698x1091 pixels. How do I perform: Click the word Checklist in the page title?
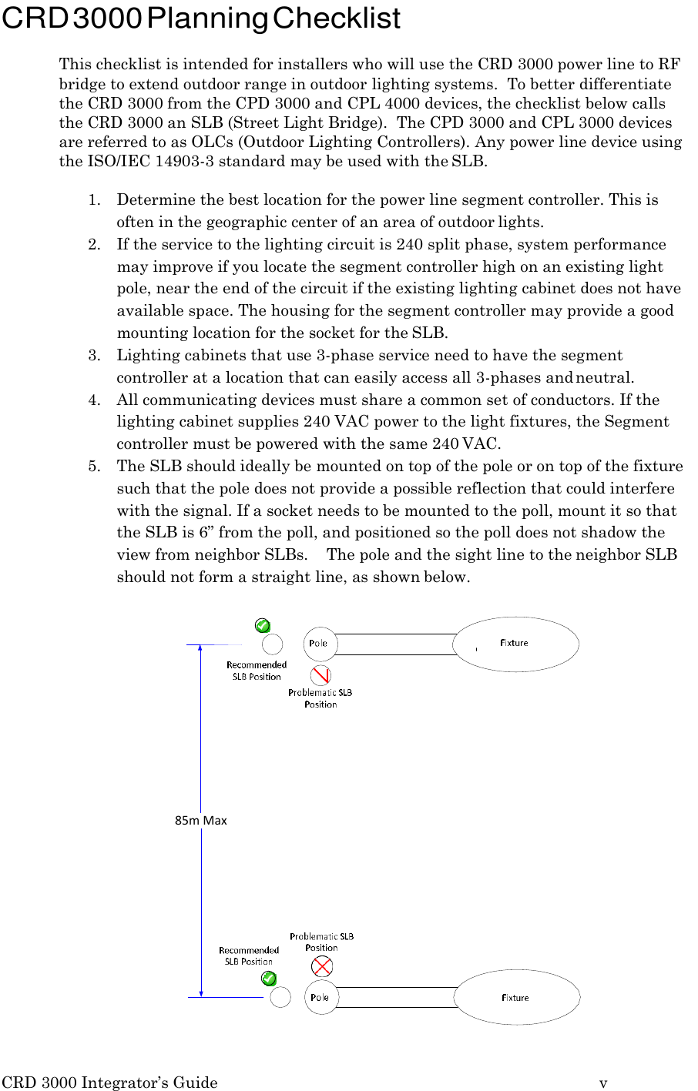[336, 18]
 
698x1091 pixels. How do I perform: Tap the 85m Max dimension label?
[201, 820]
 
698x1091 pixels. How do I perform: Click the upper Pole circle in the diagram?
[320, 644]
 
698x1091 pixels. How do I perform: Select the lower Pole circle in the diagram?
[320, 997]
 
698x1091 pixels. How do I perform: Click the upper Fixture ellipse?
[515, 644]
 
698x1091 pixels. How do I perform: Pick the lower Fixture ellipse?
[516, 997]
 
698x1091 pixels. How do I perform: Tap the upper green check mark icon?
[263, 625]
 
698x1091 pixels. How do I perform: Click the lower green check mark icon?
[269, 979]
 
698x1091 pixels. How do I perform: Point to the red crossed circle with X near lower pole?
[322, 966]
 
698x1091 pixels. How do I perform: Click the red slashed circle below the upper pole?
[320, 675]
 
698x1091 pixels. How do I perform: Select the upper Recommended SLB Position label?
[257, 671]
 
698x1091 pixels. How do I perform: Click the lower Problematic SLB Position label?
[321, 942]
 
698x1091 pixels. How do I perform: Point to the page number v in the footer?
[603, 1083]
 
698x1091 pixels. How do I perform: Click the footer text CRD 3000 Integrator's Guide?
[109, 1083]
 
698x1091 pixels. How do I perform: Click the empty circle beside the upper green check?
[272, 644]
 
